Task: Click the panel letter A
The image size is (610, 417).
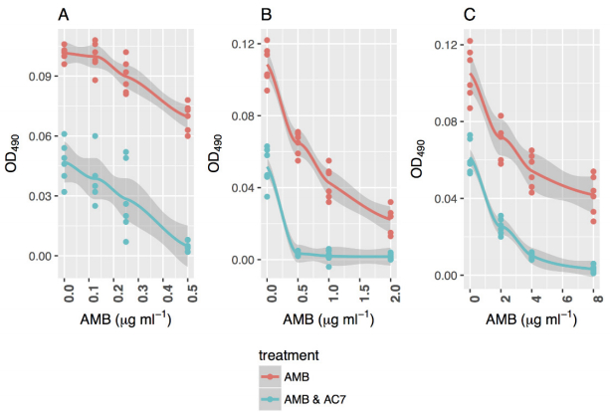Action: click(64, 15)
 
